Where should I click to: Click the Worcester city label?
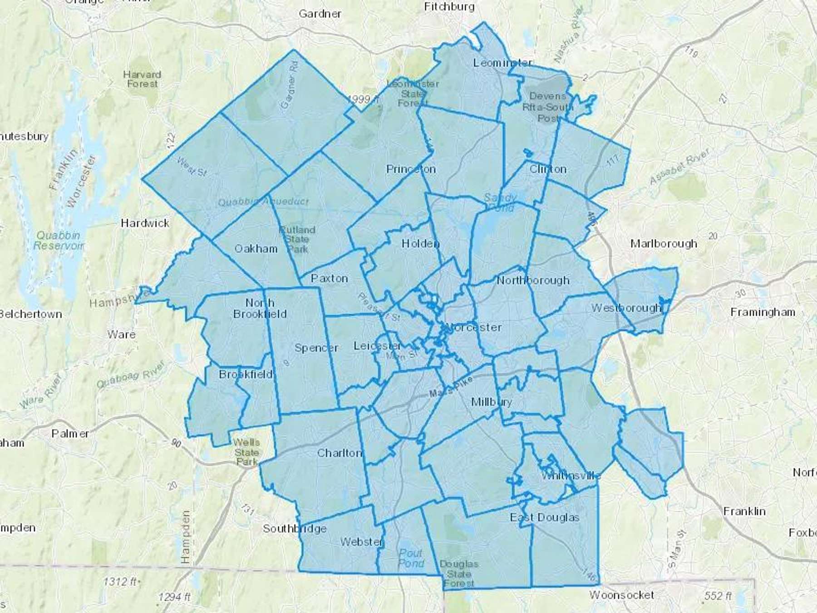[473, 327]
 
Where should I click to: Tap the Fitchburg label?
[449, 7]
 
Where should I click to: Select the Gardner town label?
[320, 14]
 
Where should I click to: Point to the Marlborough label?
[664, 244]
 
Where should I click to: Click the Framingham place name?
[763, 312]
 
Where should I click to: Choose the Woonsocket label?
[621, 595]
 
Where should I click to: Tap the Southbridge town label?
[295, 529]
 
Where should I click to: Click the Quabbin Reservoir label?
[59, 240]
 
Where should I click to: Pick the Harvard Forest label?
[142, 79]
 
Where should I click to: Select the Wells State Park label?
[247, 452]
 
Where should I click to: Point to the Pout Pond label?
[411, 558]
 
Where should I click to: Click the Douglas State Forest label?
[459, 573]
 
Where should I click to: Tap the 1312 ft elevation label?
[120, 581]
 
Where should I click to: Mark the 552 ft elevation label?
[718, 595]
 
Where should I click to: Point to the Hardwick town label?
[145, 223]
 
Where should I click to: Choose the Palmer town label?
[70, 434]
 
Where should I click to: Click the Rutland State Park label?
[297, 239]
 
